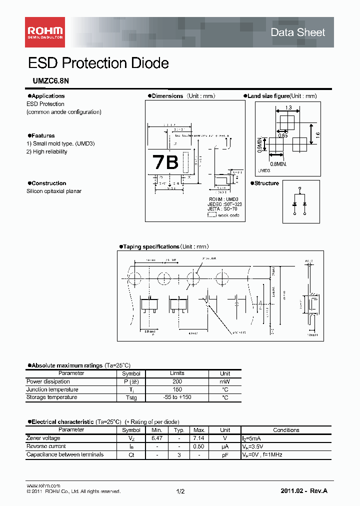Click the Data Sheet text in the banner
[x=297, y=32]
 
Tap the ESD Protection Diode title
[x=98, y=63]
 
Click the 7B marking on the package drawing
[x=165, y=162]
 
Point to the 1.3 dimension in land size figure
[x=288, y=107]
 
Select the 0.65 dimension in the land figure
[x=283, y=135]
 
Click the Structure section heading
[x=266, y=183]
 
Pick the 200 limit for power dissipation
[x=177, y=381]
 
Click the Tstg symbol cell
[x=131, y=397]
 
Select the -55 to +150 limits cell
[x=177, y=397]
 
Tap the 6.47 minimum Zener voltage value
[x=157, y=438]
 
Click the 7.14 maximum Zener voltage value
[x=199, y=438]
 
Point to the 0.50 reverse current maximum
[x=199, y=446]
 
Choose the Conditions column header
[x=286, y=430]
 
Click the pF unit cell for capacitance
[x=225, y=455]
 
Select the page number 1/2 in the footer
[x=180, y=492]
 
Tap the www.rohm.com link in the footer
[x=43, y=486]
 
